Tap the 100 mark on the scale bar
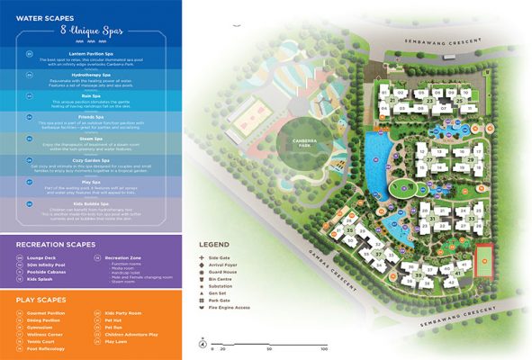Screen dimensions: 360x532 [x=323, y=348]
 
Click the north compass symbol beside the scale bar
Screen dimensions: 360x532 [x=203, y=343]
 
